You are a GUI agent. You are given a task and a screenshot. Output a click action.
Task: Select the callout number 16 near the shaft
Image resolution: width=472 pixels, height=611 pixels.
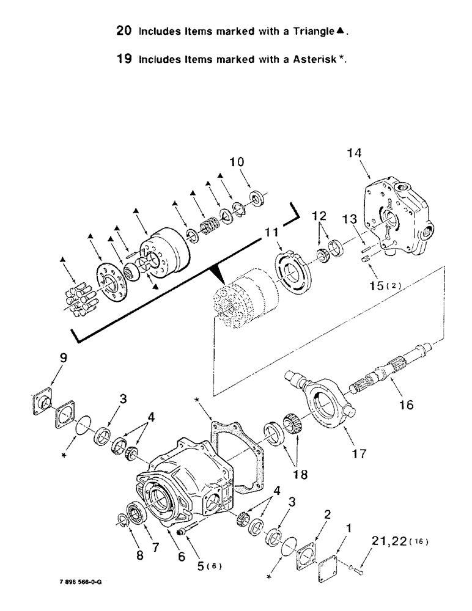coord(406,404)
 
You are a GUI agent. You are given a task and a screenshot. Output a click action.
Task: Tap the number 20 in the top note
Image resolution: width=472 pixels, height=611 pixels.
coord(126,30)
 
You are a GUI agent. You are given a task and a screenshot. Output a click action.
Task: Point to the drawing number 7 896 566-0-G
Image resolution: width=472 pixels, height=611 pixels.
coord(76,582)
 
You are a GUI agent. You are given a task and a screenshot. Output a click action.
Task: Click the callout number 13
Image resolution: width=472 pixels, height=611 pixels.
coord(348,220)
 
